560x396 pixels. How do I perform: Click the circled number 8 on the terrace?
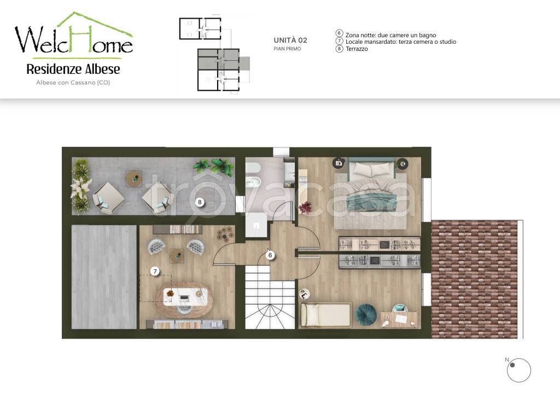click(x=200, y=202)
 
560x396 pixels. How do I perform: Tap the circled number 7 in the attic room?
click(x=155, y=272)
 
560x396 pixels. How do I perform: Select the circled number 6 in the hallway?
click(x=270, y=255)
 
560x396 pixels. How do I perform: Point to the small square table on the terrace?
click(x=134, y=178)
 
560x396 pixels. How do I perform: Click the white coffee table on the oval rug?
click(x=185, y=297)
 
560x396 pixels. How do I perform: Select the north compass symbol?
click(x=518, y=370)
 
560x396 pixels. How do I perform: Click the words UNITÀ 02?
click(x=290, y=41)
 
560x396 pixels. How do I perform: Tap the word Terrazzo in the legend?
click(x=357, y=49)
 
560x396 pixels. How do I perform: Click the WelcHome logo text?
click(x=74, y=39)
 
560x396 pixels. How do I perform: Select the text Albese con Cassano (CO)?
click(x=73, y=83)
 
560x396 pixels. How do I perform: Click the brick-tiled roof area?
click(x=475, y=279)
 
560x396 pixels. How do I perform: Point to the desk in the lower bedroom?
click(x=399, y=319)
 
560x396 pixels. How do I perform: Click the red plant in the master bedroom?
click(x=305, y=208)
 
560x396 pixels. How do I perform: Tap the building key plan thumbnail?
click(x=214, y=54)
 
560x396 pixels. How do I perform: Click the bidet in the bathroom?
click(x=255, y=183)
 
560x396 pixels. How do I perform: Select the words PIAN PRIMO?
click(x=287, y=49)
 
